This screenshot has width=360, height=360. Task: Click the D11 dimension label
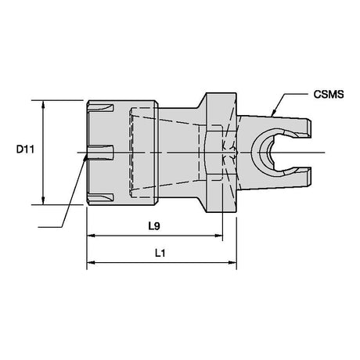tap(25, 149)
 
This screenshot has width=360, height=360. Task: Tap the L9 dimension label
tap(154, 226)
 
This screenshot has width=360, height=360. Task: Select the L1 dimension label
tap(160, 253)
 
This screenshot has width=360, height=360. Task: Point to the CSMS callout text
tap(329, 95)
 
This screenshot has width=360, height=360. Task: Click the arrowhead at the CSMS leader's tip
tap(273, 113)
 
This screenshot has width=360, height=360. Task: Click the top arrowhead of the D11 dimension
tap(43, 105)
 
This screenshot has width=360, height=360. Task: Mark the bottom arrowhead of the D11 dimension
tap(43, 200)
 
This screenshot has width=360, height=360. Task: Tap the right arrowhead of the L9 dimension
tap(218, 236)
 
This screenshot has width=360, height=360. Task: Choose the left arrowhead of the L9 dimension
tap(91, 236)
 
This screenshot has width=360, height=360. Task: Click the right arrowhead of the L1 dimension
tap(232, 262)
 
